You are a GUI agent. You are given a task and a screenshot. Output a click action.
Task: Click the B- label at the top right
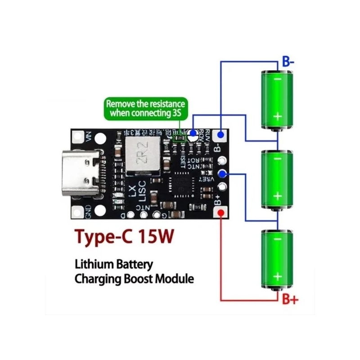click(x=288, y=62)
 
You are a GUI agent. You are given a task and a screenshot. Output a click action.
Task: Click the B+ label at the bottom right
click(x=290, y=298)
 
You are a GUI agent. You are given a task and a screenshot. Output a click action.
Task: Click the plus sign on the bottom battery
click(x=278, y=276)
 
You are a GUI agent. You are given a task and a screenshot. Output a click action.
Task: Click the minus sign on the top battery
click(x=278, y=79)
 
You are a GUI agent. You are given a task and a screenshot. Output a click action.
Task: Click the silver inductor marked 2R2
click(x=141, y=156)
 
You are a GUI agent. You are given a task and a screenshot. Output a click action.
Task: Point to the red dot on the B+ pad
click(x=221, y=213)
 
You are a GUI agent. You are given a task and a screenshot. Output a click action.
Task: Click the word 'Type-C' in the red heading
click(x=103, y=237)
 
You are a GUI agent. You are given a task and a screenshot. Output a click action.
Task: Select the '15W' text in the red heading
click(x=155, y=237)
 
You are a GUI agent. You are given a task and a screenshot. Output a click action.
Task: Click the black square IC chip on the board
click(x=183, y=184)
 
